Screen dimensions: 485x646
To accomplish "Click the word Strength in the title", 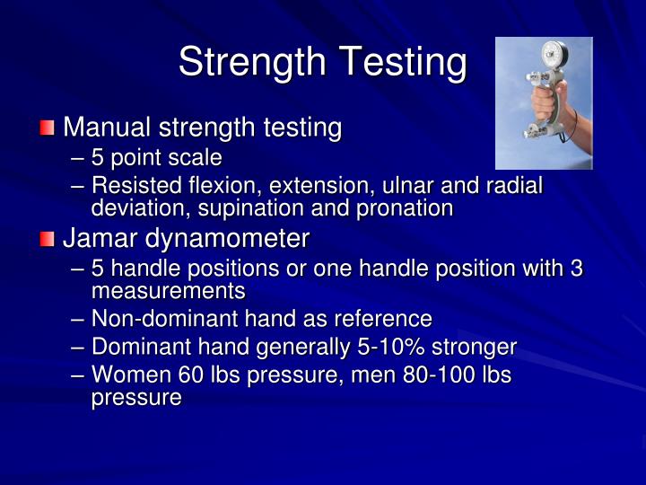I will coord(250,62).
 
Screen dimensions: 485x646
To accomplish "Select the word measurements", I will coord(168,291).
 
